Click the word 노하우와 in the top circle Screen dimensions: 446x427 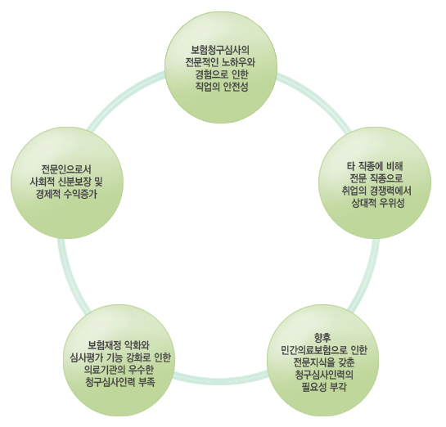pyautogui.click(x=238, y=62)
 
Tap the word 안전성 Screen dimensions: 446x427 pyautogui.click(x=236, y=87)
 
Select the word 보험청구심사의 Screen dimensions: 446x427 pyautogui.click(x=220, y=50)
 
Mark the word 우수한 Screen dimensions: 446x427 pyautogui.click(x=141, y=370)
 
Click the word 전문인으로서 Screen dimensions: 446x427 pyautogui.click(x=66, y=169)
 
